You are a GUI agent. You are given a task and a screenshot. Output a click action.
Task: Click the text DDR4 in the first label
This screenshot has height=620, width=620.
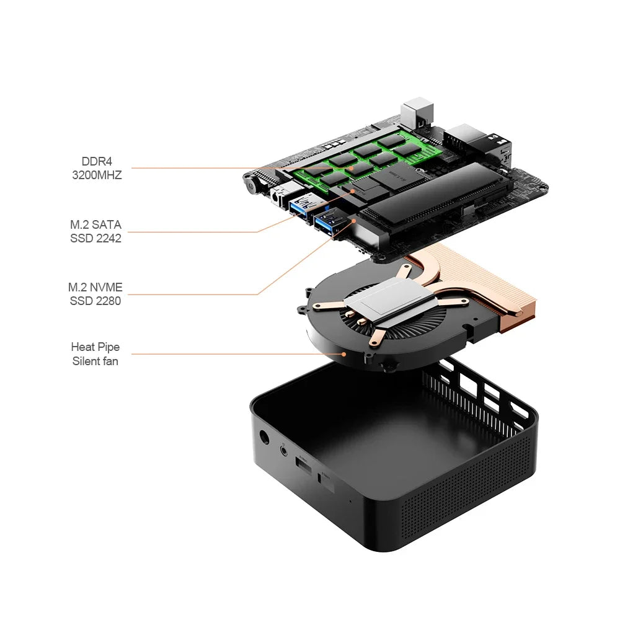97,161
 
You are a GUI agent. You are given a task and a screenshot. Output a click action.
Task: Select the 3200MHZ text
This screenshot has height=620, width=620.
97,175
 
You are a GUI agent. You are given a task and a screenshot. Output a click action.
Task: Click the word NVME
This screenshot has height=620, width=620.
106,288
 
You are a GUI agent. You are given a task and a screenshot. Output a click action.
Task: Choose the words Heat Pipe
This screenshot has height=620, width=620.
95,347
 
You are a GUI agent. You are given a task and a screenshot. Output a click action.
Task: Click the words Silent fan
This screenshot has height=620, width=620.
95,361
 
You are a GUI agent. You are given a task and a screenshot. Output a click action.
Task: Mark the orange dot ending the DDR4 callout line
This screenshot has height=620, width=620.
351,168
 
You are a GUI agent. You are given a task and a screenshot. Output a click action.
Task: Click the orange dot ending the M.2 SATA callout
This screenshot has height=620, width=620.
353,190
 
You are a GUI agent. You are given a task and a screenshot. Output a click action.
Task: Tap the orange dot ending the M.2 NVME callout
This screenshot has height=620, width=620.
354,221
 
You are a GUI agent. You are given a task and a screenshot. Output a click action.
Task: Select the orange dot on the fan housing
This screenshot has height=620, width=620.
344,354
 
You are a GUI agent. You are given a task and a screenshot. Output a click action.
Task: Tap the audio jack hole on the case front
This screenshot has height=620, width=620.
284,450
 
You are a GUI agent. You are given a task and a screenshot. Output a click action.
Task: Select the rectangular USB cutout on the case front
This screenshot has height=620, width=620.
304,466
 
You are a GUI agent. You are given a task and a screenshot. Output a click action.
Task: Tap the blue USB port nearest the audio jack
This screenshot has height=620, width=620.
302,206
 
